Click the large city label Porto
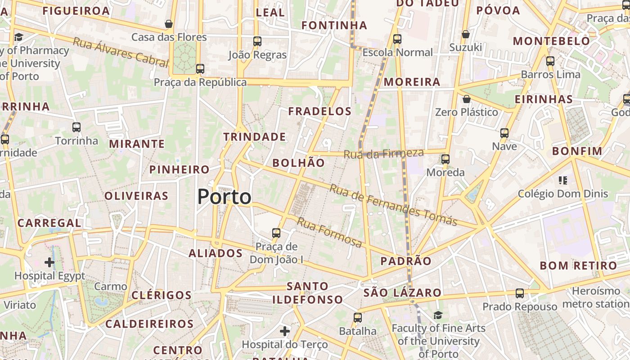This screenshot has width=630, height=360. (224, 197)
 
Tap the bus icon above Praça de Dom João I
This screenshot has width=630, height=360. (276, 233)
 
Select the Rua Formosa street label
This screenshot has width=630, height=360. (329, 232)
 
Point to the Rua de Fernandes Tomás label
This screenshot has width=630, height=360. (393, 205)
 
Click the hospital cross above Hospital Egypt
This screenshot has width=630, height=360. (49, 262)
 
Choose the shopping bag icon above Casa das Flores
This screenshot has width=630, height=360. (169, 24)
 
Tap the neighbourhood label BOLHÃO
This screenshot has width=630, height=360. (298, 163)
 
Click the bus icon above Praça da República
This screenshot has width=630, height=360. (200, 69)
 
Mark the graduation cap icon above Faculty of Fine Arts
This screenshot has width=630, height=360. (438, 315)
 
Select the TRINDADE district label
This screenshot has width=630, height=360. (255, 137)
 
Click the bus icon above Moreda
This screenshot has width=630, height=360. (445, 159)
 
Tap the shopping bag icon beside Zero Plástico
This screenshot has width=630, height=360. (467, 99)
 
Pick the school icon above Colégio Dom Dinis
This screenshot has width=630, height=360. (562, 180)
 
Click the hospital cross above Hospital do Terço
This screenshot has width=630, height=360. (284, 331)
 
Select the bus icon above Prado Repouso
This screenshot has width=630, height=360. (520, 293)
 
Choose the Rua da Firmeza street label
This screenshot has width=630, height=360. (384, 153)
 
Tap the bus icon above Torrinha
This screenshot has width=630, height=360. (76, 127)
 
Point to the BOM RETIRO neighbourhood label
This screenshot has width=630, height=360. (578, 265)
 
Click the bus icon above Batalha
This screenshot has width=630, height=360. (358, 318)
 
